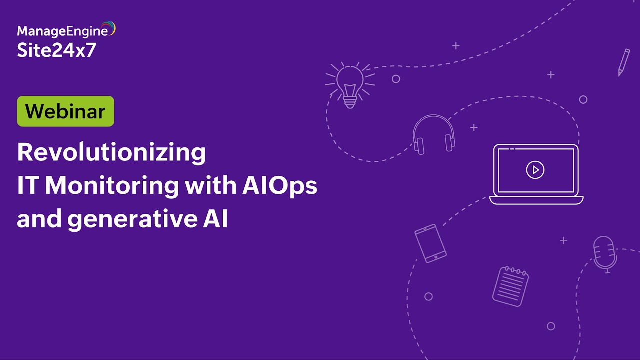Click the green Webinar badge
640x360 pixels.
(65, 111)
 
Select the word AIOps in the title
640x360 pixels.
(280, 186)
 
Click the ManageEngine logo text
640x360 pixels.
(62, 31)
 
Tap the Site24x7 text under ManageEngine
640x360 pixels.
(56, 50)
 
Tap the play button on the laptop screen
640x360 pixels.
(535, 170)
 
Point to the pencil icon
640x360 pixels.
(623, 62)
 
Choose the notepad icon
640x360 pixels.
(510, 286)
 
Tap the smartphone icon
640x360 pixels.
(430, 243)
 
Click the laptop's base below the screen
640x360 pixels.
(536, 200)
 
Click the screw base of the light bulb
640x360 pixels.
(350, 102)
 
